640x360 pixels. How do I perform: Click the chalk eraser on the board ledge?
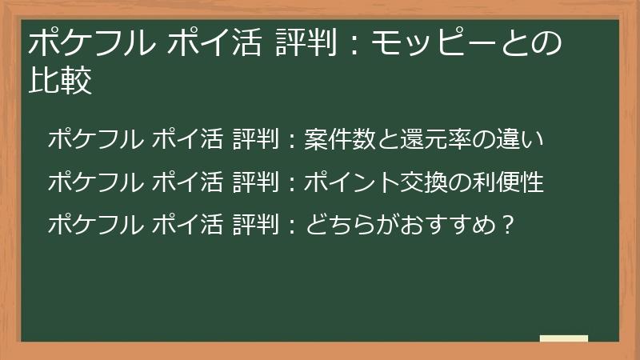(564, 338)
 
